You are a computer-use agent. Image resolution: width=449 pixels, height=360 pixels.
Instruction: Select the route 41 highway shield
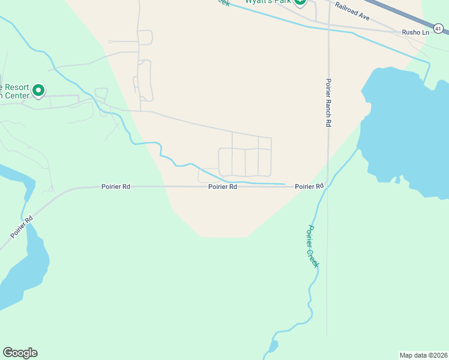click(x=439, y=27)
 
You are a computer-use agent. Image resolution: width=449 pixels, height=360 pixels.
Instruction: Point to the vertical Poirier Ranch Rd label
click(x=328, y=103)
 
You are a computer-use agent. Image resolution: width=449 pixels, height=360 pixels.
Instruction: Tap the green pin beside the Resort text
click(x=38, y=91)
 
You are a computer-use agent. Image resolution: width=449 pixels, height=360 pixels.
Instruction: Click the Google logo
click(x=20, y=353)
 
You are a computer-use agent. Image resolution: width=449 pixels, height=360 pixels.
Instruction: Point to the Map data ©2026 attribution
click(x=423, y=355)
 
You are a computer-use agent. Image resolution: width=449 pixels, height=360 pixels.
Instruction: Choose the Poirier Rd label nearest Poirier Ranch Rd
click(x=309, y=187)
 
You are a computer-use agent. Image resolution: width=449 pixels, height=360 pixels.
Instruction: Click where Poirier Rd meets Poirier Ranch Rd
click(x=328, y=187)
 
